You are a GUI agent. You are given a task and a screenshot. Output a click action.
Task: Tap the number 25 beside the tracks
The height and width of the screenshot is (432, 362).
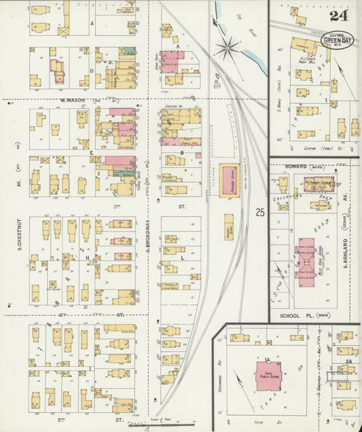click(260, 213)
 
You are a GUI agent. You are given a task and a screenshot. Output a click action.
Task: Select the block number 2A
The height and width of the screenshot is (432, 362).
click(348, 361)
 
